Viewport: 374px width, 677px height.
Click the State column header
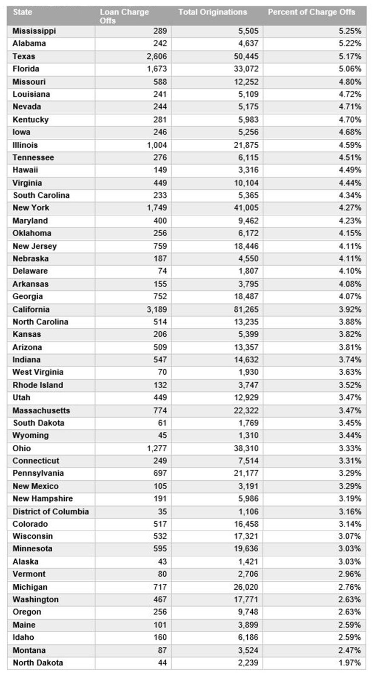[x=23, y=12]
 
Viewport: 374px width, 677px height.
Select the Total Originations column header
[x=212, y=12]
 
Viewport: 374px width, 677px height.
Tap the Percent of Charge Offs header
[x=311, y=12]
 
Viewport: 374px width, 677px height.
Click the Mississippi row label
[x=34, y=31]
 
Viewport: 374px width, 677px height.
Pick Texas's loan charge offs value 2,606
[x=157, y=57]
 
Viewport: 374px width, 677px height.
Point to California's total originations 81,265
[x=246, y=310]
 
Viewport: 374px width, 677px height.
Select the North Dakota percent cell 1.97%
[x=350, y=663]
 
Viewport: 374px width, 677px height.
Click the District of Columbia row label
[x=51, y=512]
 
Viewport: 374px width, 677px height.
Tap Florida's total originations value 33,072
[x=246, y=69]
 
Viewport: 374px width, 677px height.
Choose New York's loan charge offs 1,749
[x=157, y=208]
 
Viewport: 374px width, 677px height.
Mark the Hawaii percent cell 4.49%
[x=350, y=170]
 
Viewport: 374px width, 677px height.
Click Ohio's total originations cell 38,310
[x=246, y=448]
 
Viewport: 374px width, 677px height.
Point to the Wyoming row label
[x=31, y=436]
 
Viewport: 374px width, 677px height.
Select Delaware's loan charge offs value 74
[x=162, y=271]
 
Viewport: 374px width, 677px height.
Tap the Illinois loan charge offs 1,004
[x=157, y=145]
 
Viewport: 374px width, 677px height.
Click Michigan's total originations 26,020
[x=246, y=587]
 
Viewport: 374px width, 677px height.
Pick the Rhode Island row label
[x=38, y=385]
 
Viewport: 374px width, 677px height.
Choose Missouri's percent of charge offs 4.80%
[x=350, y=82]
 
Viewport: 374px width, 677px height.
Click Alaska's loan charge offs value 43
[x=162, y=562]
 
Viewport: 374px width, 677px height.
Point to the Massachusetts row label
[x=41, y=411]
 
